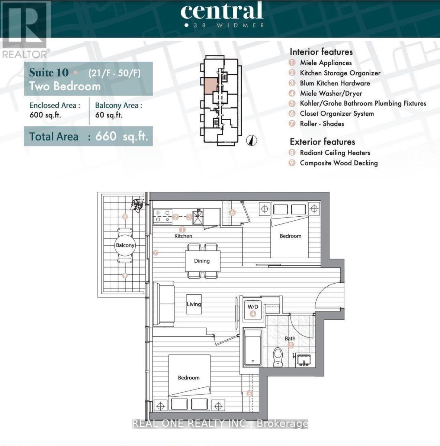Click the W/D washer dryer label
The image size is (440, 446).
[253, 307]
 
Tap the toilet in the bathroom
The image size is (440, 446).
[278, 357]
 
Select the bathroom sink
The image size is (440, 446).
[304, 360]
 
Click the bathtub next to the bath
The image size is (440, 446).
[253, 348]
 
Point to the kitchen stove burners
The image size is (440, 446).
[163, 217]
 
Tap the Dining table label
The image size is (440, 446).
[202, 261]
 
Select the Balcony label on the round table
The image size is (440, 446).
[125, 245]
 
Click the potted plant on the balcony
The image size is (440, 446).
[138, 204]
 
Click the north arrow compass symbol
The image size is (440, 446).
[252, 140]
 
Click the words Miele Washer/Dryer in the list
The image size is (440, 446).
[331, 93]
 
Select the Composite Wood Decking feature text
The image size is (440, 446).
[338, 163]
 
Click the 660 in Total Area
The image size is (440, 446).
[106, 136]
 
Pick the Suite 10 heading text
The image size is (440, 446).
[49, 72]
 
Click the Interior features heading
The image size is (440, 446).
[321, 52]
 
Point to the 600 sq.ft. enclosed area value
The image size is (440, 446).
[45, 115]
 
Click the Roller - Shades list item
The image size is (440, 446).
[322, 124]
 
